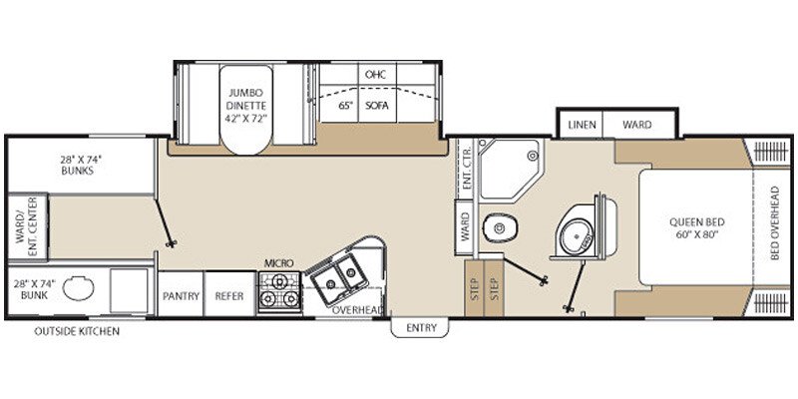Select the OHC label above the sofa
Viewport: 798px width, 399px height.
pos(376,75)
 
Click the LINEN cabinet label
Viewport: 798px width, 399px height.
pos(583,125)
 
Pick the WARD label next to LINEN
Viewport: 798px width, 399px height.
pos(637,125)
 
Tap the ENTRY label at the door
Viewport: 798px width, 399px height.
pos(419,326)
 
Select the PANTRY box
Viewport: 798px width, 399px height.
pos(181,296)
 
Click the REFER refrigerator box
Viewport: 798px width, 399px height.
pos(230,296)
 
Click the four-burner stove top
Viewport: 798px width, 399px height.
pos(279,290)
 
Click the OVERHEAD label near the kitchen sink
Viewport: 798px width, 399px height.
pos(356,311)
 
